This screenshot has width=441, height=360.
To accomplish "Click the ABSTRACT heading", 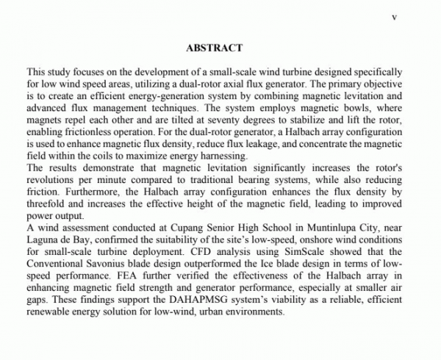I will [x=215, y=48].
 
